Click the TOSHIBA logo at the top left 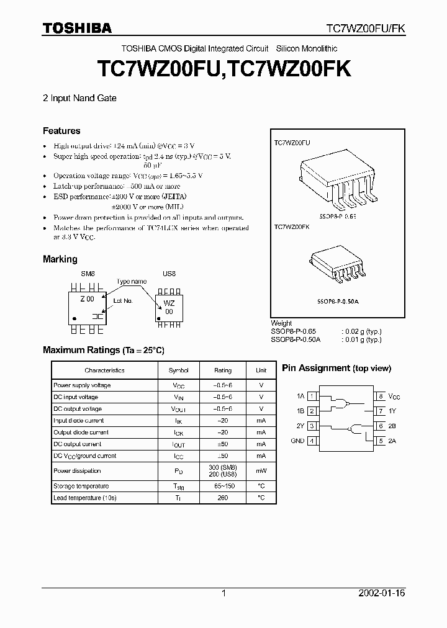click(77, 28)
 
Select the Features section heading click(61, 131)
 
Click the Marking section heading click(60, 259)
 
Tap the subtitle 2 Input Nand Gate click(80, 98)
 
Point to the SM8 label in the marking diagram click(88, 274)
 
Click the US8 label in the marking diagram click(169, 274)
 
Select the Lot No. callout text click(123, 300)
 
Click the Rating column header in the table click(223, 370)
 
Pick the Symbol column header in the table click(179, 370)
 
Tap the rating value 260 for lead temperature click(223, 498)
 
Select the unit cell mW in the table click(261, 471)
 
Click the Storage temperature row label click(81, 486)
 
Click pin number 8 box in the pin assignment click(380, 396)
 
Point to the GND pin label click(297, 441)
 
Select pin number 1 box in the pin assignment click(312, 396)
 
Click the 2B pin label click(392, 426)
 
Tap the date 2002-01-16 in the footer click(382, 593)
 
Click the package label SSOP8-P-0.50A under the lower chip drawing click(338, 301)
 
